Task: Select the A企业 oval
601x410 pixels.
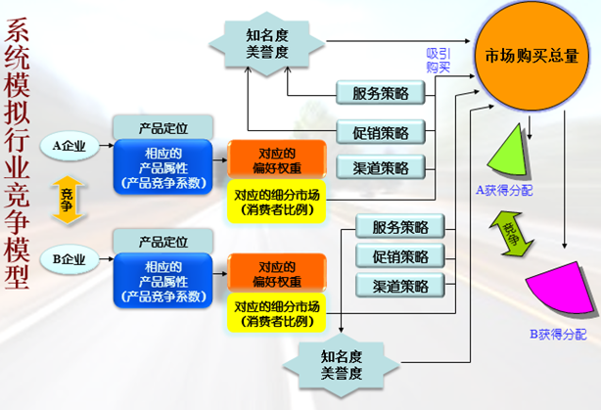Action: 69,147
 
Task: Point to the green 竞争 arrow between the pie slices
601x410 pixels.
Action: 511,235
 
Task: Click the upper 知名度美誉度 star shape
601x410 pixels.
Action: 267,42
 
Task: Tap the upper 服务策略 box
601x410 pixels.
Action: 374,94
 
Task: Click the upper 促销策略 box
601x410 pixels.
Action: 374,132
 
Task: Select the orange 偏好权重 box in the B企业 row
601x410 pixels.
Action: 277,273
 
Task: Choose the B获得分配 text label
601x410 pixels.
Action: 558,335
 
